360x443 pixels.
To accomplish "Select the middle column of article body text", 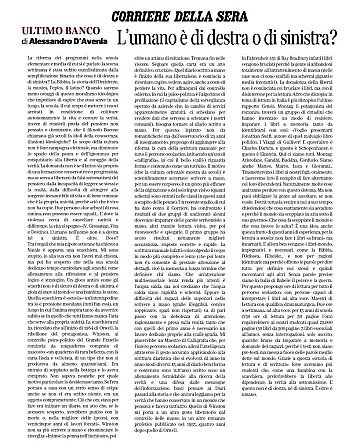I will (x=180, y=250).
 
